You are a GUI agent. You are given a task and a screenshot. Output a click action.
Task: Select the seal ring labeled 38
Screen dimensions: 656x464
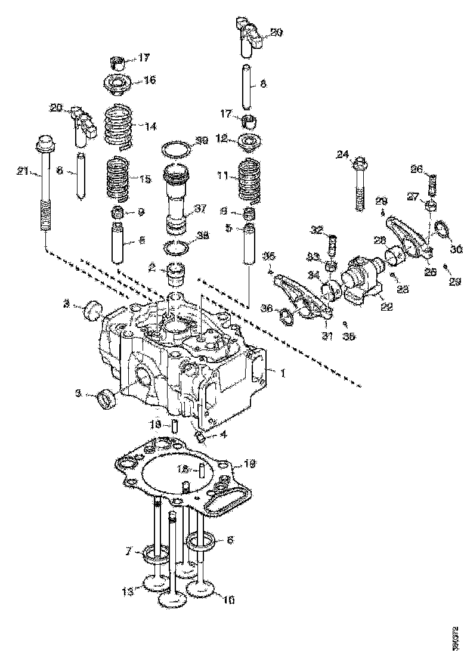[177, 246]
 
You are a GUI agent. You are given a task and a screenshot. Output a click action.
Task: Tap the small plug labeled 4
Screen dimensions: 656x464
[202, 440]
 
